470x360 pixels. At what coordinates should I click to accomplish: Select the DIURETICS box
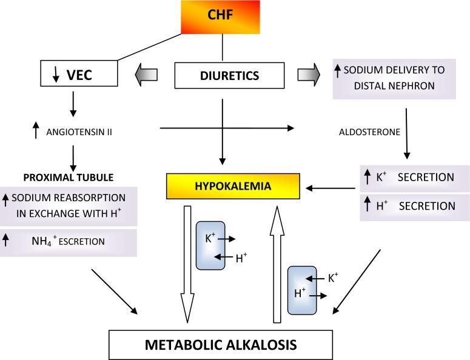click(229, 75)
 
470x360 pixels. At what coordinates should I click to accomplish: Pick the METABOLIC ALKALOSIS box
click(221, 345)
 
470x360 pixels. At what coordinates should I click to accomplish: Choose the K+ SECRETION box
click(415, 178)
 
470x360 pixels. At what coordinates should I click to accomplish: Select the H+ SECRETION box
click(415, 206)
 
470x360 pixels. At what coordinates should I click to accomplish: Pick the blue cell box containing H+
click(302, 290)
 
